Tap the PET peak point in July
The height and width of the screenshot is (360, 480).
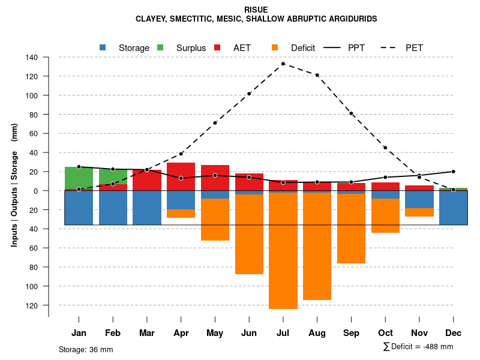pos(283,64)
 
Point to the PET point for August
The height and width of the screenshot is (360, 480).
pos(317,75)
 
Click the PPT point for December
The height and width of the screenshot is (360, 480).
pos(453,172)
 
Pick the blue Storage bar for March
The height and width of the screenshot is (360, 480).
pos(147,208)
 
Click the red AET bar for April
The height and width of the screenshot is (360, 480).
pos(181,170)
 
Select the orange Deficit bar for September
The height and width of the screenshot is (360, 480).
pos(351,229)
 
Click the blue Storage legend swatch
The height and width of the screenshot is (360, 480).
pos(103,47)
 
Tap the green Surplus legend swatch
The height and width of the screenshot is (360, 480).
pos(160,47)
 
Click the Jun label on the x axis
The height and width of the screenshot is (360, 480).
pos(249,333)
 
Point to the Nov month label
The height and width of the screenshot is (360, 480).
pos(419,333)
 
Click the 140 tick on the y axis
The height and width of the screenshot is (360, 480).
pos(32,58)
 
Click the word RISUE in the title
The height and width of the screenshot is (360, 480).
pos(256,10)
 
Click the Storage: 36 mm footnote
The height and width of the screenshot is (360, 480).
pos(86,349)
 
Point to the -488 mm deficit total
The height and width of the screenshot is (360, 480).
pos(439,347)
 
